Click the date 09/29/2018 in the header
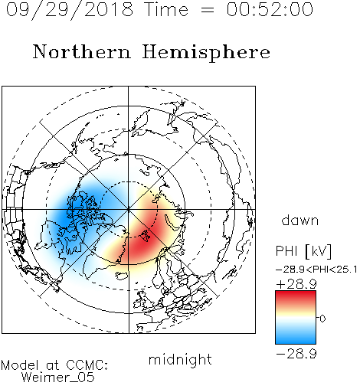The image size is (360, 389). (70, 9)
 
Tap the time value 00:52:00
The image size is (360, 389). (270, 9)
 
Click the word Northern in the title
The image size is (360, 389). (82, 51)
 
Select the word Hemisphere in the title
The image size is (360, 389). (206, 53)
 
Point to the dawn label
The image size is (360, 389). (300, 220)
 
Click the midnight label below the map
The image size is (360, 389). (180, 360)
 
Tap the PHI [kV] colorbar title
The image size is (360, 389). (303, 251)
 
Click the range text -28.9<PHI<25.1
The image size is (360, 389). (316, 270)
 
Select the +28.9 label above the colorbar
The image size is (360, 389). (296, 284)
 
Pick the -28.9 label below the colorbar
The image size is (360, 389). (296, 354)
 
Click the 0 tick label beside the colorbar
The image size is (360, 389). (322, 319)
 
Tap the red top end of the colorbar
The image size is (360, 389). (296, 293)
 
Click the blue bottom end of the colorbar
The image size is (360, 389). (296, 342)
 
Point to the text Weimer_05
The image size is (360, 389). (58, 377)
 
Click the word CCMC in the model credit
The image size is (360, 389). (87, 365)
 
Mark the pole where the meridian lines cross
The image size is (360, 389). (128, 209)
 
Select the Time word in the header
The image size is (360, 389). (166, 9)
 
